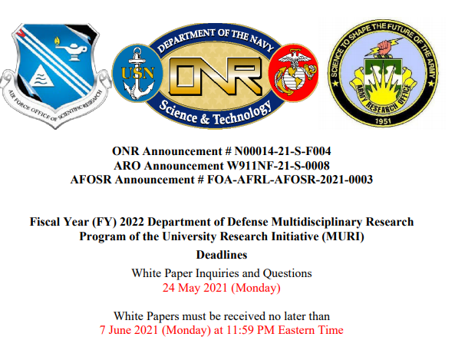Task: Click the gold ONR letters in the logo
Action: coord(215,77)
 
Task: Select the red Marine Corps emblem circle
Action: coord(293,73)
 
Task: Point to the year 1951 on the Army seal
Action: coord(383,121)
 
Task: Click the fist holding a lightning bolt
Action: coord(384,47)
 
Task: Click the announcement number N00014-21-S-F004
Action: coord(282,151)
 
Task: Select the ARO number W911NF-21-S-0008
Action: coord(278,166)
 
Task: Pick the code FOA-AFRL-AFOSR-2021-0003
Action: coord(289,180)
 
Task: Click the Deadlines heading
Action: coord(222,255)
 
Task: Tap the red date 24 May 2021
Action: coord(195,288)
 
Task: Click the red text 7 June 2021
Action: coord(129,330)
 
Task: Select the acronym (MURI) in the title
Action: coord(343,236)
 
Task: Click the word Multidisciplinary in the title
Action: coord(317,222)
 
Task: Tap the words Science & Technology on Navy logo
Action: coord(215,114)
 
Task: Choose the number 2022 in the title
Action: coord(132,222)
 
